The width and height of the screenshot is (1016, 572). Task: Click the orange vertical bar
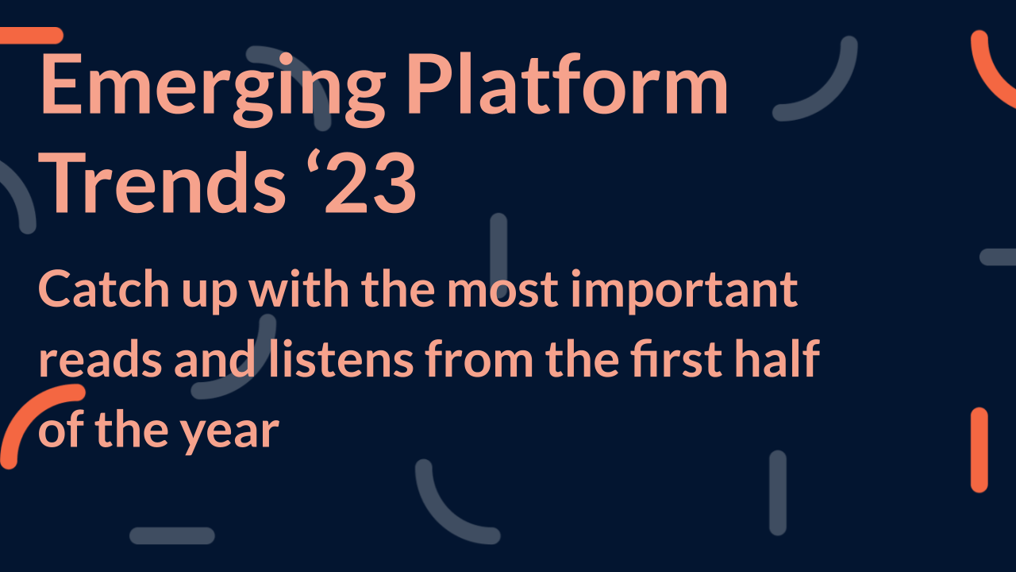pyautogui.click(x=979, y=450)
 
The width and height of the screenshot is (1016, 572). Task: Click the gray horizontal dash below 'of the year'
pyautogui.click(x=172, y=535)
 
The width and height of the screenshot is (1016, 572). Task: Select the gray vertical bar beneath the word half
pyautogui.click(x=778, y=493)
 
